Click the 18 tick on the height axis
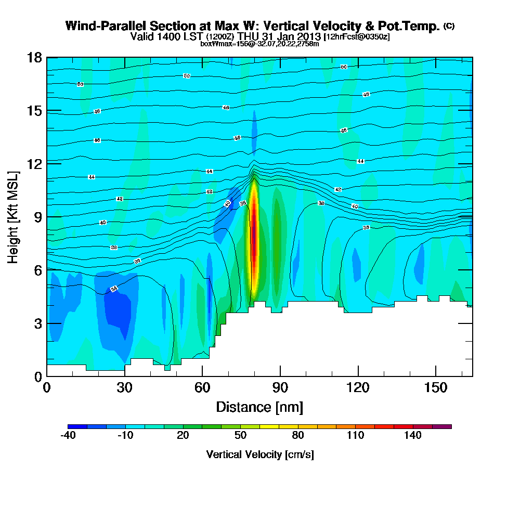pyautogui.click(x=34, y=57)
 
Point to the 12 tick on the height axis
pyautogui.click(x=34, y=163)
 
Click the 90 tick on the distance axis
pyautogui.click(x=280, y=387)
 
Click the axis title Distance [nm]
pyautogui.click(x=259, y=407)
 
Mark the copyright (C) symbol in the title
pyautogui.click(x=449, y=26)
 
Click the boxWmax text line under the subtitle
pyautogui.click(x=259, y=44)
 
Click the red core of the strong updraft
pyautogui.click(x=254, y=239)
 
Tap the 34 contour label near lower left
pyautogui.click(x=114, y=289)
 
